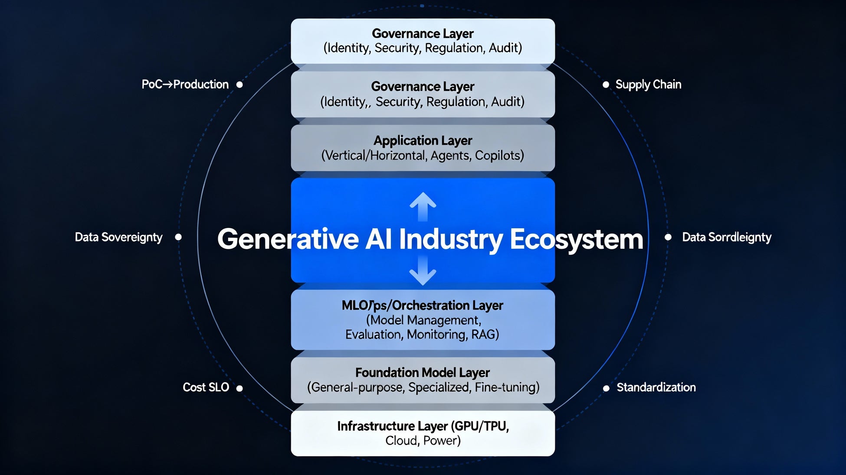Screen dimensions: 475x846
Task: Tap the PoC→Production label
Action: [x=185, y=85]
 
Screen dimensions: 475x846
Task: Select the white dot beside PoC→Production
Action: [x=239, y=85]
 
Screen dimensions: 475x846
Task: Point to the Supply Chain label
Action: [x=648, y=85]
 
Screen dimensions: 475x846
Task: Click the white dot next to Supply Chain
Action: [x=606, y=85]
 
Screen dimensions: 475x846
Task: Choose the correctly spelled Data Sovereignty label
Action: [x=118, y=237]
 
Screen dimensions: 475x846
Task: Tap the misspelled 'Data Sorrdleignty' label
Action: [x=727, y=237]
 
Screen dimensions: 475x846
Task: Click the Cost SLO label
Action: [x=206, y=387]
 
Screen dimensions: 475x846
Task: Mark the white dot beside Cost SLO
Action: [x=239, y=388]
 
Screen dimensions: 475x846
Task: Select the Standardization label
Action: [x=656, y=387]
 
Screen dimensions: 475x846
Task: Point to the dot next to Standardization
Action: [x=606, y=388]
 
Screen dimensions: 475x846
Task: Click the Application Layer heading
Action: [x=423, y=140]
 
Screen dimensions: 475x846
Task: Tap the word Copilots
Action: [x=499, y=156]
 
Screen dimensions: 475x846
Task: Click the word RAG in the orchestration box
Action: [x=485, y=335]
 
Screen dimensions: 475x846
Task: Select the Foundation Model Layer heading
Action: [x=423, y=373]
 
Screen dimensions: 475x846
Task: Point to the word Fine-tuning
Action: [x=507, y=387]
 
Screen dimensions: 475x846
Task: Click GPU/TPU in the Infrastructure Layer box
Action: [x=480, y=426]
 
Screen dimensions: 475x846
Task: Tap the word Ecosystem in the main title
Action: [x=576, y=239]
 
